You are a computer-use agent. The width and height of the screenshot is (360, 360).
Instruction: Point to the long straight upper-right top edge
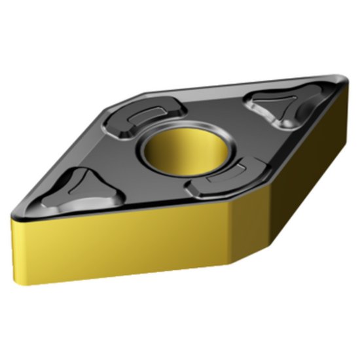tap(249, 83)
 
